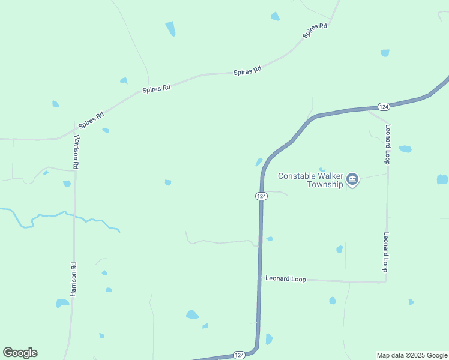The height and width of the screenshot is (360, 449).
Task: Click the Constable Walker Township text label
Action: (310, 180)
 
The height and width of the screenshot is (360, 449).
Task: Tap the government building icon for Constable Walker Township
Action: (352, 179)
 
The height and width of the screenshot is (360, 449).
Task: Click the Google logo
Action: (20, 353)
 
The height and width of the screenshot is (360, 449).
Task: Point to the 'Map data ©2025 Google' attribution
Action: (412, 355)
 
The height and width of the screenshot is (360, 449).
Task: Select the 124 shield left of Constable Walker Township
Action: (261, 196)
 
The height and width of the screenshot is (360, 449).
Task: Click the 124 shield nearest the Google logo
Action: (238, 355)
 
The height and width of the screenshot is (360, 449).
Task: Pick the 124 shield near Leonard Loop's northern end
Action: (384, 106)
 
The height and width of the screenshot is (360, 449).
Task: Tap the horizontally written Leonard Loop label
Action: (286, 279)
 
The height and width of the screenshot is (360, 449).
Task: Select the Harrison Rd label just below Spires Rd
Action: (76, 151)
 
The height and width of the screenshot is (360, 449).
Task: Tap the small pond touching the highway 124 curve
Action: (259, 162)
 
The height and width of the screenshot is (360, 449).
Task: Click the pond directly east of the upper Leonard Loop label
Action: (405, 149)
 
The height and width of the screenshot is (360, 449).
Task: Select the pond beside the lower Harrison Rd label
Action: (62, 303)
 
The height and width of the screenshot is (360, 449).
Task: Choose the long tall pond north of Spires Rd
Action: (170, 28)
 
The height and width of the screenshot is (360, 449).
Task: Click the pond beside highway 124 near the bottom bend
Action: (268, 339)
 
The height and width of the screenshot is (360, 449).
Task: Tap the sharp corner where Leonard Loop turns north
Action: (385, 281)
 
